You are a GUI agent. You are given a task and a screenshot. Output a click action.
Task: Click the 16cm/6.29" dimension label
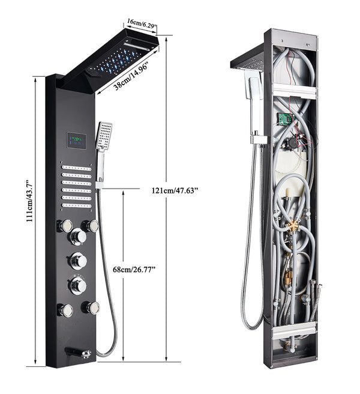(141, 25)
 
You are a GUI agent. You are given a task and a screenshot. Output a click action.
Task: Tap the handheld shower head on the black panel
(104, 137)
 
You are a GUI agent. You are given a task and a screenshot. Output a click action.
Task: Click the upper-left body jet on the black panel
(64, 226)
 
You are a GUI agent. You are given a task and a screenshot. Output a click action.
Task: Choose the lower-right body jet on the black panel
(92, 307)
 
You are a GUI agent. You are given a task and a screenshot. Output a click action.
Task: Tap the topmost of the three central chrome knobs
(77, 237)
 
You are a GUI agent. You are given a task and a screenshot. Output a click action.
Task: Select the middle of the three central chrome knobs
(77, 261)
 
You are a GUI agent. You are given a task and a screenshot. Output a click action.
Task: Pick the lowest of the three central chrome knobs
(77, 285)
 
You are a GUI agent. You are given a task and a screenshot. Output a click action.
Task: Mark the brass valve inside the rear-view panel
(293, 226)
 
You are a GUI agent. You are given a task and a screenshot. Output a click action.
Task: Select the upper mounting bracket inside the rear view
(295, 92)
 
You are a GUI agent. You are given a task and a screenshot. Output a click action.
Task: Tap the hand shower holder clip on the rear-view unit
(259, 139)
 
